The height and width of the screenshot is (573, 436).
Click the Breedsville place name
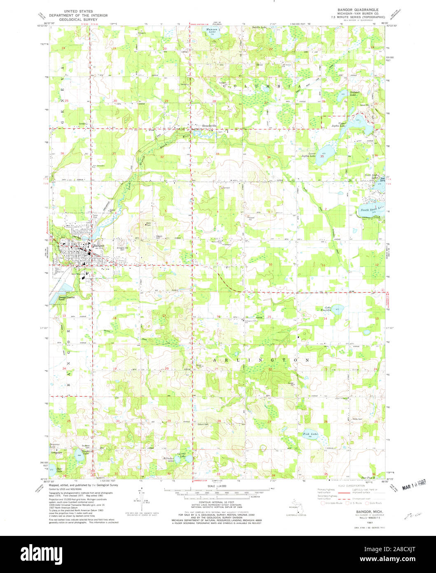pyautogui.click(x=206, y=125)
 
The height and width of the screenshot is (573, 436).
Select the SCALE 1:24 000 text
pyautogui.click(x=218, y=486)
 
